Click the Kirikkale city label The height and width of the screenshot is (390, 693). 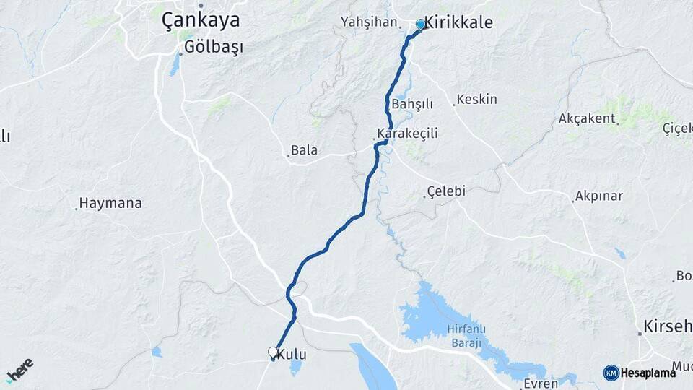[459, 23]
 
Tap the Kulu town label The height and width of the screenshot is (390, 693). [292, 354]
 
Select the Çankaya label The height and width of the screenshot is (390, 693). [201, 20]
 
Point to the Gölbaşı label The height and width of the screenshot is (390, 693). [214, 47]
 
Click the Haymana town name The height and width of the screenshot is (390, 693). [110, 203]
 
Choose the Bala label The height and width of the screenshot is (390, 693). [304, 151]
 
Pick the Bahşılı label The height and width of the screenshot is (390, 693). [411, 104]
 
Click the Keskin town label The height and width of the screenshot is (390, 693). [478, 99]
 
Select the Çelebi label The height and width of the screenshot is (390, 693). [446, 191]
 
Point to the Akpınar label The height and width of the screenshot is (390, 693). [599, 196]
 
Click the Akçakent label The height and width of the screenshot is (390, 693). [586, 118]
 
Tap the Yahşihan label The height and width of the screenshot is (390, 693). [370, 22]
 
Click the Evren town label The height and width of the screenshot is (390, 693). [541, 383]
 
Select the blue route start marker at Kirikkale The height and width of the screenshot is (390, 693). [420, 25]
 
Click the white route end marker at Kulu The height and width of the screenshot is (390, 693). [273, 352]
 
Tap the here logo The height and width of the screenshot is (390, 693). [19, 369]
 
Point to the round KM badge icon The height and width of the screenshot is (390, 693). [611, 373]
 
